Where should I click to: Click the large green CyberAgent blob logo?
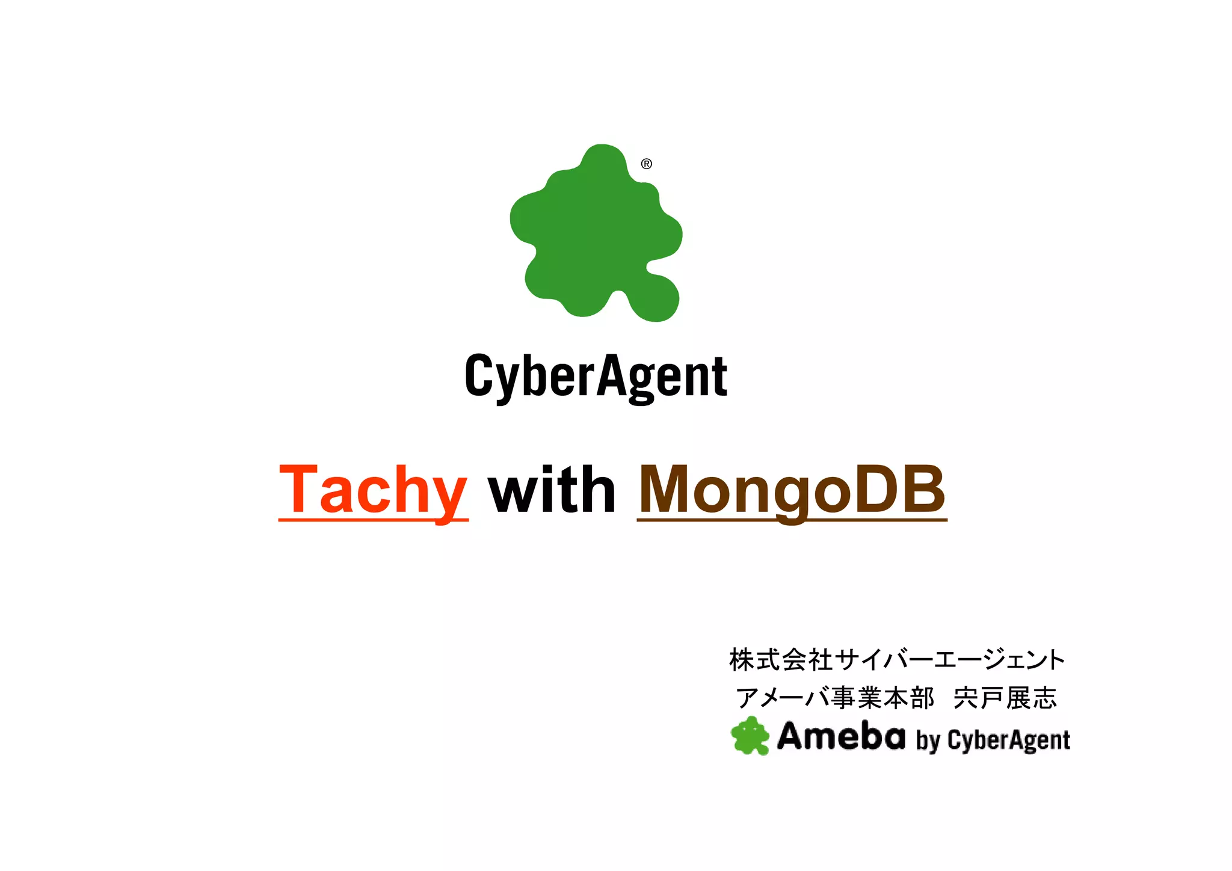pyautogui.click(x=596, y=235)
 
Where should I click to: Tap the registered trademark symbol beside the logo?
pyautogui.click(x=647, y=164)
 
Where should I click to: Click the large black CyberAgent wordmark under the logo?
pyautogui.click(x=596, y=376)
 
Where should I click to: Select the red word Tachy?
pyautogui.click(x=373, y=490)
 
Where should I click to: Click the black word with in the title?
pyautogui.click(x=552, y=490)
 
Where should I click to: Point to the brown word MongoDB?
pyautogui.click(x=791, y=490)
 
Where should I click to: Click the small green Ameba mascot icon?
pyautogui.click(x=750, y=736)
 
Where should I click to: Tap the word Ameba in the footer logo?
pyautogui.click(x=841, y=736)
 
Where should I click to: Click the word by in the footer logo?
pyautogui.click(x=928, y=740)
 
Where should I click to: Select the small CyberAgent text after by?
pyautogui.click(x=1009, y=740)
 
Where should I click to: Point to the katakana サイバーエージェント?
pyautogui.click(x=950, y=660)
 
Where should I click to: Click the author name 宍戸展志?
pyautogui.click(x=1005, y=698)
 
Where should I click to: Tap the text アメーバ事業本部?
pyautogui.click(x=836, y=698)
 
